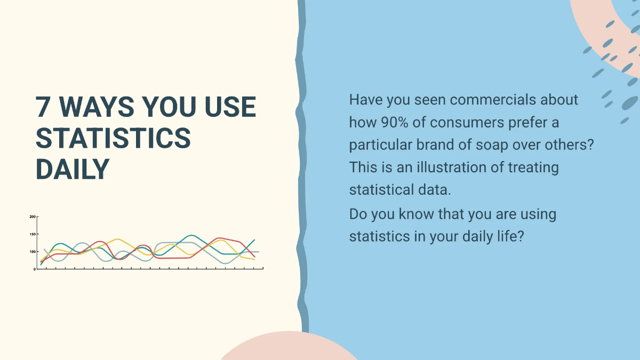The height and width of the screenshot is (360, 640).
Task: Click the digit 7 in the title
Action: [44, 107]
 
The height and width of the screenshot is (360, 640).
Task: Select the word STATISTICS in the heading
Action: [113, 138]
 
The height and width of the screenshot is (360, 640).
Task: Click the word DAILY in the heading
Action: [73, 169]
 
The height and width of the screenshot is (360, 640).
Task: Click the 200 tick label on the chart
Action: [33, 217]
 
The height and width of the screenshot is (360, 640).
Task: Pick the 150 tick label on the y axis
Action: [33, 234]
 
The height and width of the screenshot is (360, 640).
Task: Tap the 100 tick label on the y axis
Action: [33, 252]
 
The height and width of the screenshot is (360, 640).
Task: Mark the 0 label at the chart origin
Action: [35, 269]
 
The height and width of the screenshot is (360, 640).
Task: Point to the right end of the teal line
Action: [254, 240]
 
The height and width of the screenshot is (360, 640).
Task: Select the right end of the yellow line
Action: [254, 259]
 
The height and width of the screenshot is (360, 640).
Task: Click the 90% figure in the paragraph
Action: [397, 122]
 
